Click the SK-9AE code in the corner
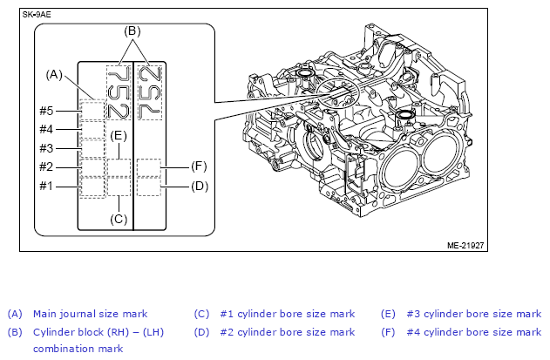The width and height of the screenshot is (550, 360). (37, 15)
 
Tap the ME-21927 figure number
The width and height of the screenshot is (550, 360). (465, 246)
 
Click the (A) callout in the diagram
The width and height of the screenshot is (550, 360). (54, 75)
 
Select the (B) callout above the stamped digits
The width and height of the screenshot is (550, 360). (132, 31)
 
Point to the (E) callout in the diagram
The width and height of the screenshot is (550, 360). (119, 136)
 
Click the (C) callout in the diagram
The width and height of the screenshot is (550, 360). (119, 220)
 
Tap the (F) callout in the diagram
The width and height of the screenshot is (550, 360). (199, 166)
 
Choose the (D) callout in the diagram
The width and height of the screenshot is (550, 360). (200, 186)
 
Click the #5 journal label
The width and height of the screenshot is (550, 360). (46, 111)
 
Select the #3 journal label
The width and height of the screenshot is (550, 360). (46, 148)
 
